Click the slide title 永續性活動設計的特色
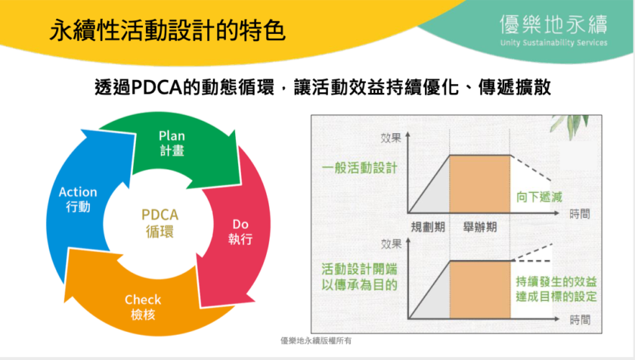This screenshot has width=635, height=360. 167,30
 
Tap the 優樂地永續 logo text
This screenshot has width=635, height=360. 553,24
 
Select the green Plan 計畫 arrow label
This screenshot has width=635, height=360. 172,143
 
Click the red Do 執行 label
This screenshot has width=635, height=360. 240,231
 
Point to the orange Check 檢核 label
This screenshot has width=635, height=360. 143,307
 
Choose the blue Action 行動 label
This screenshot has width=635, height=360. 78,199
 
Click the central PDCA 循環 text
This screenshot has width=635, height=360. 160,222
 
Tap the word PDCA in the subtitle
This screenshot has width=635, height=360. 156,87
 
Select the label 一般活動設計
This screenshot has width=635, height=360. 360,168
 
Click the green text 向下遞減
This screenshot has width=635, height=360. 539,197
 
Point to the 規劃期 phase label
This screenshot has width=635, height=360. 428,227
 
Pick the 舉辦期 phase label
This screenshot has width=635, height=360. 480,227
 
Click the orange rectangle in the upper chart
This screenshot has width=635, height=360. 479,185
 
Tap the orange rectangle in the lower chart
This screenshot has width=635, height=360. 480,290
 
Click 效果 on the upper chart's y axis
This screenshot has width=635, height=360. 391,138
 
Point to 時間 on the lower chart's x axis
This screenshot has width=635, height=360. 580,321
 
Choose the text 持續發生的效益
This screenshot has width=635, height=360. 556,281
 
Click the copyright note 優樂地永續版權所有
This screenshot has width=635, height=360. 316,341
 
